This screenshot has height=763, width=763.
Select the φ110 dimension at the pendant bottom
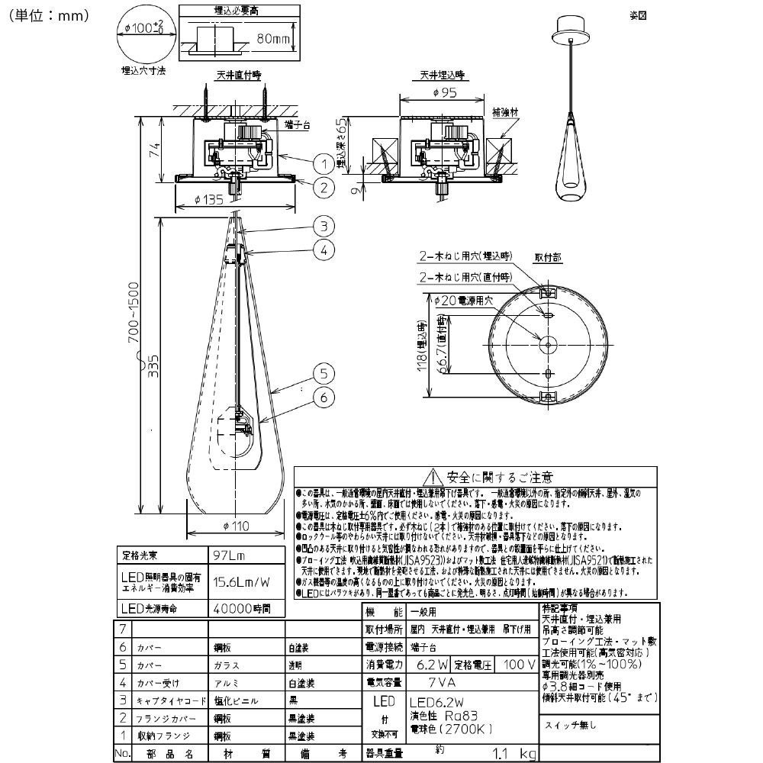pos(237,526)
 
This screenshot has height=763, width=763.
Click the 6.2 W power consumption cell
pos(430,665)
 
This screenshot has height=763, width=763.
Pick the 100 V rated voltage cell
pos(519,665)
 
